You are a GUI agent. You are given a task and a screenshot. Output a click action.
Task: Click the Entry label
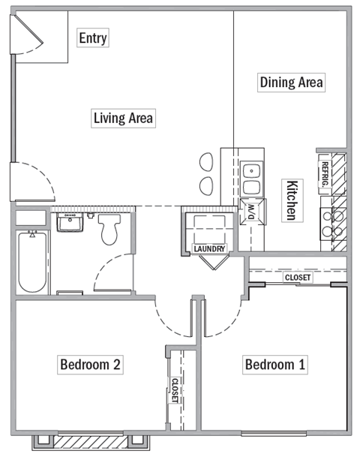click(93, 38)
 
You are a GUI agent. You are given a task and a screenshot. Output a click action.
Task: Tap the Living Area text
click(123, 118)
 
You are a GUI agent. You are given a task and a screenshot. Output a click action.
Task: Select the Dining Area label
click(291, 82)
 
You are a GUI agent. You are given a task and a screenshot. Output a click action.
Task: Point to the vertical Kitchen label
click(292, 200)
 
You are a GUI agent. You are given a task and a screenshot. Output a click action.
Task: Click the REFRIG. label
click(325, 174)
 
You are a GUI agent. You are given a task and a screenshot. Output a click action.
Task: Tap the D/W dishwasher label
click(251, 214)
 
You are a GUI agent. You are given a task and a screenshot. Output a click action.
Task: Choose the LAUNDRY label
click(209, 248)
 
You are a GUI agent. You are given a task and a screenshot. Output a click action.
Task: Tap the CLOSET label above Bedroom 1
click(297, 278)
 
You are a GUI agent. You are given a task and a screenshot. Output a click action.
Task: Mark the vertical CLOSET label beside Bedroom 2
click(174, 390)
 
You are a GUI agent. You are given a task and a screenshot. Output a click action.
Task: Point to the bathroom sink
click(71, 222)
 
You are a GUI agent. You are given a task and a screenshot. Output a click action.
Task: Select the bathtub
click(31, 263)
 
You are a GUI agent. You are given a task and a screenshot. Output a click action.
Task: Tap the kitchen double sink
click(252, 179)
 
